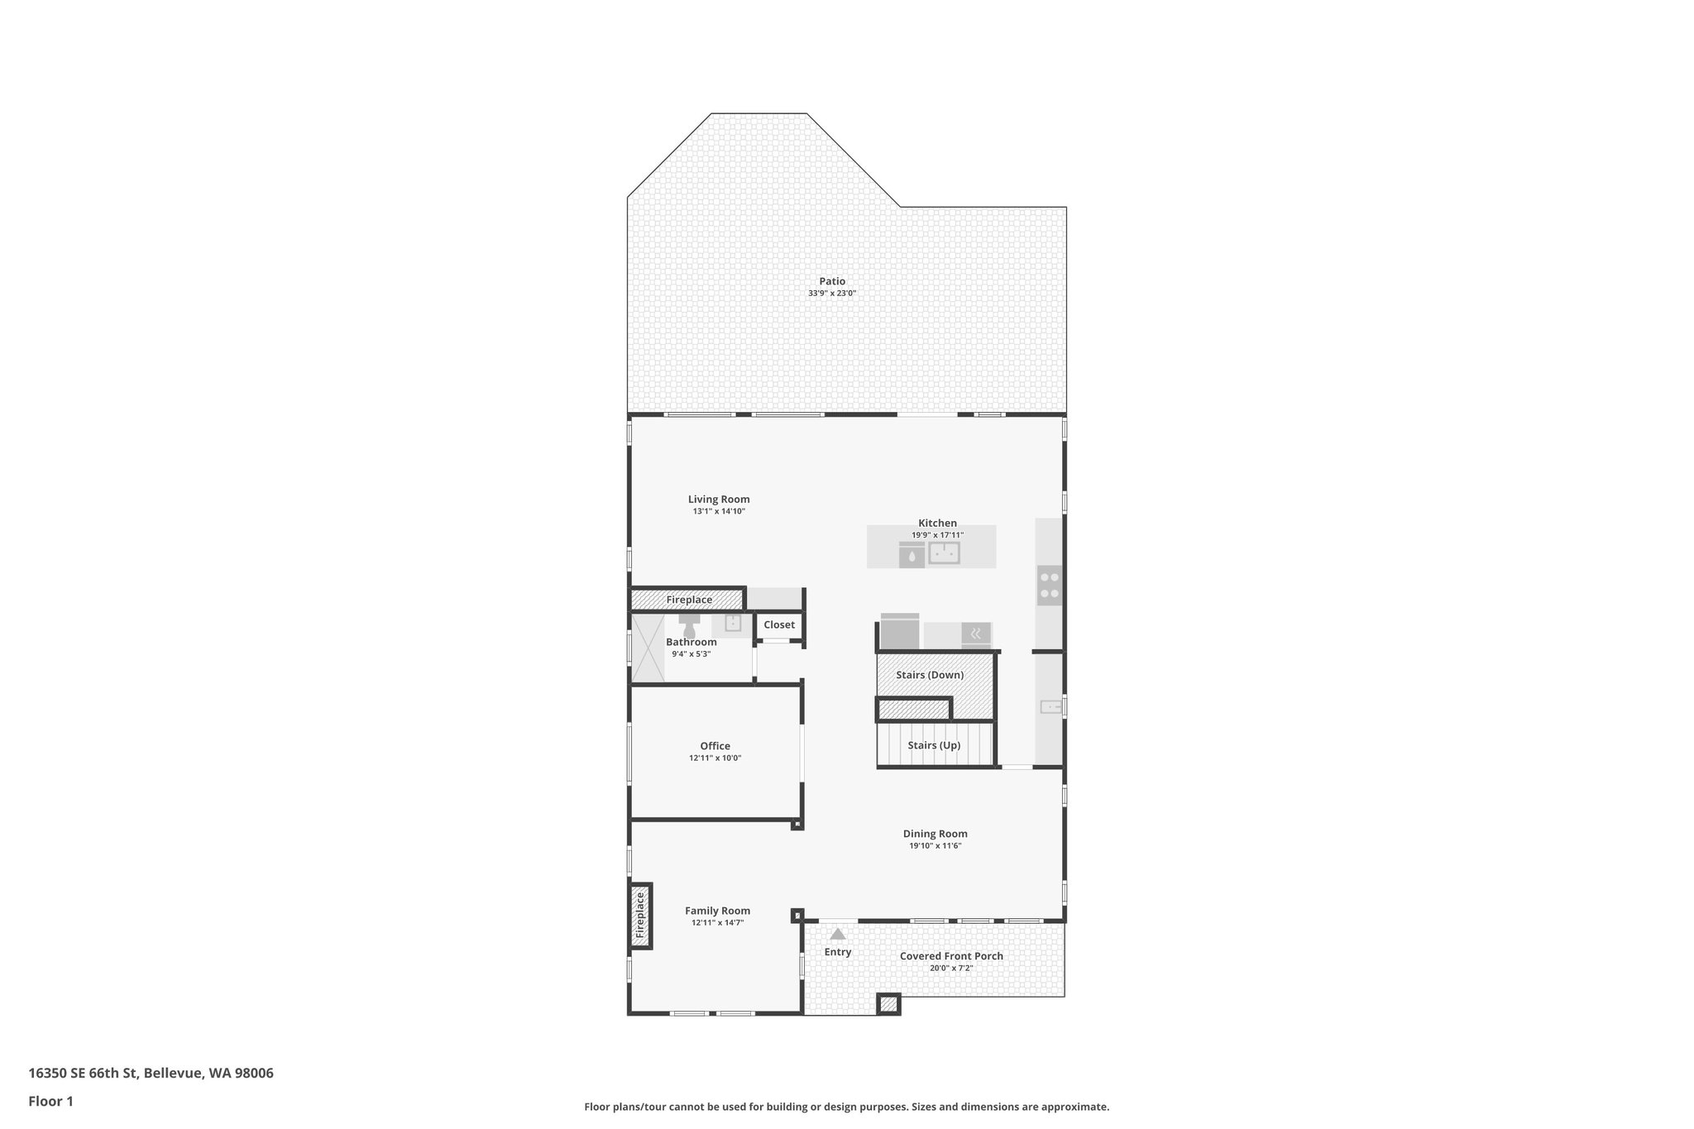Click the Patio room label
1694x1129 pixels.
pos(832,281)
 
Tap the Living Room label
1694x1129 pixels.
pos(719,499)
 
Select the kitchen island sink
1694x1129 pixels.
pos(944,553)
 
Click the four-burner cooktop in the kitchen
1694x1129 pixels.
pos(1050,586)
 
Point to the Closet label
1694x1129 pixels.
pos(779,625)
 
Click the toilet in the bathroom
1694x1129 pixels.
pos(689,620)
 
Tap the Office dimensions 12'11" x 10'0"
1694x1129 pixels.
pos(715,758)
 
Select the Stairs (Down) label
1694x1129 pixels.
pos(930,675)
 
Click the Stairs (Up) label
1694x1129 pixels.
pos(934,745)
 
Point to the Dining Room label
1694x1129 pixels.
pos(935,834)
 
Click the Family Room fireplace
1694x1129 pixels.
pos(640,916)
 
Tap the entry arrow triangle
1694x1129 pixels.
pos(838,934)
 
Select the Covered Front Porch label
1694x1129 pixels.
pos(951,956)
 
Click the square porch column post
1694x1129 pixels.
pos(888,1004)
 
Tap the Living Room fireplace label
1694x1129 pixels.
pos(689,600)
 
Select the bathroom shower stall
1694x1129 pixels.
pos(648,648)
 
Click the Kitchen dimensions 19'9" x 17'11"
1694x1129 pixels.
pos(937,535)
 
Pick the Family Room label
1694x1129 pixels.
pos(717,911)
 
